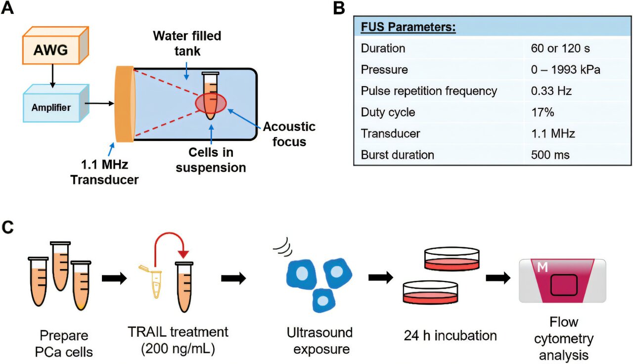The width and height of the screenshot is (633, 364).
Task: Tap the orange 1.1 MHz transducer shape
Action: pyautogui.click(x=124, y=104)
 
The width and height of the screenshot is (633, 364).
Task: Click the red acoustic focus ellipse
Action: pyautogui.click(x=211, y=102)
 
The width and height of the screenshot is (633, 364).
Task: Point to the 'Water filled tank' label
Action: pyautogui.click(x=186, y=44)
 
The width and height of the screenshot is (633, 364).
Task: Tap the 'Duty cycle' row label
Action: pyautogui.click(x=388, y=112)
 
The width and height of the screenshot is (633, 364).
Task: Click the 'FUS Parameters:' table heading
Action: pyautogui.click(x=408, y=27)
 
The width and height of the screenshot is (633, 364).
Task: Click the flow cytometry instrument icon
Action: pyautogui.click(x=562, y=280)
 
